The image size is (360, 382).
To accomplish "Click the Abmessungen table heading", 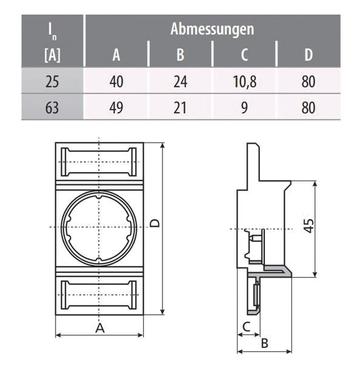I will click(x=212, y=28).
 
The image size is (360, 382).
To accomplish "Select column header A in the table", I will click(x=116, y=55).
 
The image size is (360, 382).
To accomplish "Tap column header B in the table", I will click(x=180, y=55).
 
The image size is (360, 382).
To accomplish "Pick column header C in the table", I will click(x=244, y=55).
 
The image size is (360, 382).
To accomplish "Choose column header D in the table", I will click(x=308, y=55).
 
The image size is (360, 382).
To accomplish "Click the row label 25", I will click(x=52, y=81).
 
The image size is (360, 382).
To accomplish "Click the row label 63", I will click(x=52, y=108).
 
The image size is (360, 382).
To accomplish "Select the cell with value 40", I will click(x=116, y=81).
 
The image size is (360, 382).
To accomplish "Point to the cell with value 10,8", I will click(x=244, y=81).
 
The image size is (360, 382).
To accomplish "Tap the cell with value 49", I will click(x=116, y=108).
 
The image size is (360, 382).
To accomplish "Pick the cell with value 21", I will click(x=180, y=108).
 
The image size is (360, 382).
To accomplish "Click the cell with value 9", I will click(x=244, y=108).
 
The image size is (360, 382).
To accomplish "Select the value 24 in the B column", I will click(x=180, y=81).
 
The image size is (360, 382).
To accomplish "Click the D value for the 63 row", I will click(x=308, y=108).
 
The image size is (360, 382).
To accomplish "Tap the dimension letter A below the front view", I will click(x=100, y=328).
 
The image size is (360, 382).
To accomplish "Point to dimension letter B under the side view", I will click(x=264, y=343).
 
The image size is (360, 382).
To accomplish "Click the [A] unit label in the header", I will click(x=52, y=57).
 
